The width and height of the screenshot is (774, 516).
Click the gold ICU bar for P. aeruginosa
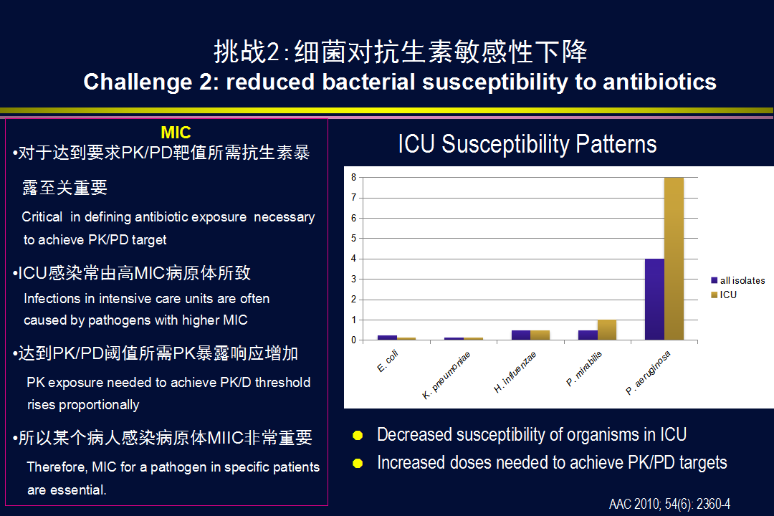[674, 258]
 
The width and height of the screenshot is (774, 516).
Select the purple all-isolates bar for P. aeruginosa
[654, 300]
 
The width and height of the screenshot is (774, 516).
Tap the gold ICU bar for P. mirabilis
[607, 330]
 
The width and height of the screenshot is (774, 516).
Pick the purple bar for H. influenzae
[521, 335]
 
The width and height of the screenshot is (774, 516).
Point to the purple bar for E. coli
[387, 338]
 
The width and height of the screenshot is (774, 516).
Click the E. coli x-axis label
[388, 361]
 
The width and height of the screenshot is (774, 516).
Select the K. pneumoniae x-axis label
[446, 376]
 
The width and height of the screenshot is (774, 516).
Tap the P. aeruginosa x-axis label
[648, 373]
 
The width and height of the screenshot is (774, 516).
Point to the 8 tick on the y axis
[353, 177]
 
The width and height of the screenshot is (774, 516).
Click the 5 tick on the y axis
[353, 239]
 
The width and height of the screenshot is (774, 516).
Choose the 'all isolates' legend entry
[738, 280]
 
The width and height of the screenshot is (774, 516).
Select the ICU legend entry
[724, 295]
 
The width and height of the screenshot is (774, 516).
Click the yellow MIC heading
[176, 133]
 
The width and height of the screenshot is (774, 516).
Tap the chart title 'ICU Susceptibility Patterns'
[527, 144]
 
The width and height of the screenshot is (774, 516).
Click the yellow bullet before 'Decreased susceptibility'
[358, 436]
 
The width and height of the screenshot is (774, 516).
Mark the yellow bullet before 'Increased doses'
[358, 463]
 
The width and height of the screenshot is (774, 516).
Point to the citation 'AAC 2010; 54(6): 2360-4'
[670, 504]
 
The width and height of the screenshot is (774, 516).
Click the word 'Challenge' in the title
[138, 82]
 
